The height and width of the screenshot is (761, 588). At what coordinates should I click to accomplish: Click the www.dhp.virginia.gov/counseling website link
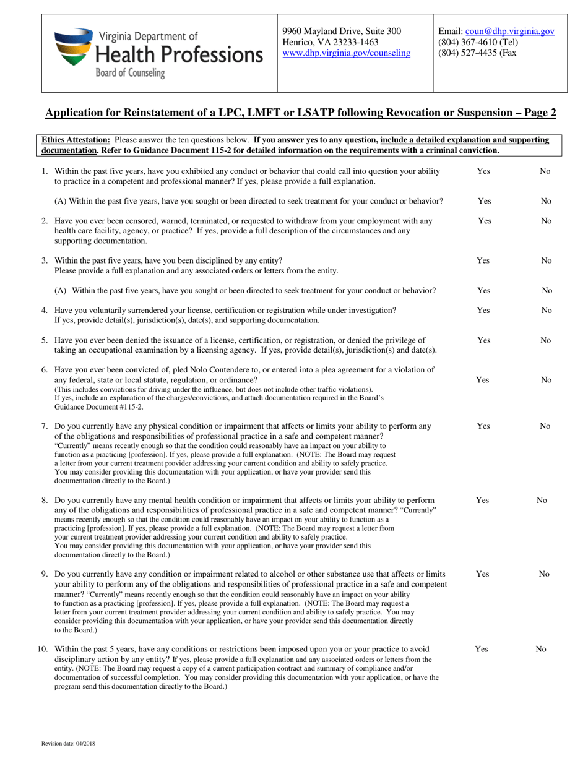(x=346, y=53)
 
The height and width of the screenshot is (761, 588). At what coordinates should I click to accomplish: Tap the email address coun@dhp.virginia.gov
(x=509, y=31)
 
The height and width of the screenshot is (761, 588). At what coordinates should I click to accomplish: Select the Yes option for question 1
(x=483, y=171)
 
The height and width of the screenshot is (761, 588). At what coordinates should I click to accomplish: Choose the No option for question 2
(x=545, y=220)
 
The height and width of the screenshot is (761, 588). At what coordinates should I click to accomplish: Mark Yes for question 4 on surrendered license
(x=483, y=310)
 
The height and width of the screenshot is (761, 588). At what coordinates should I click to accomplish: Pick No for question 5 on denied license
(x=545, y=340)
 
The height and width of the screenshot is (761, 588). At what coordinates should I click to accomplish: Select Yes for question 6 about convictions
(x=483, y=380)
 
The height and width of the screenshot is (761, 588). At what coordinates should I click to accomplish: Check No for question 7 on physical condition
(x=545, y=426)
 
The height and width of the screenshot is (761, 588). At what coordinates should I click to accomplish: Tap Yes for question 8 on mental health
(x=483, y=500)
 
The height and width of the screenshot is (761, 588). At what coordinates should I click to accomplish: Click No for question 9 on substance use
(x=545, y=574)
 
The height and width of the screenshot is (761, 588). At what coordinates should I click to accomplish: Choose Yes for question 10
(x=482, y=649)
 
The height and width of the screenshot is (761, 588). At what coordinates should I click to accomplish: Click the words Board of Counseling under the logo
(x=129, y=73)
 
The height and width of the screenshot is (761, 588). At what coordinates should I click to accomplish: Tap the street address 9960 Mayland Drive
(x=342, y=31)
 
